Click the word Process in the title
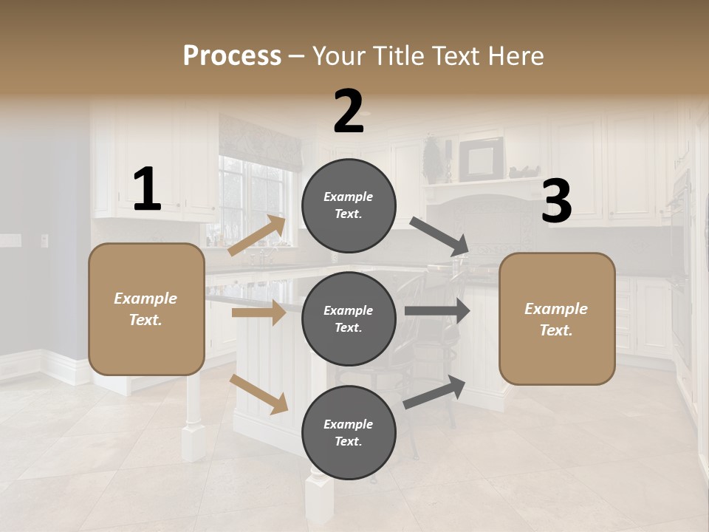pyautogui.click(x=232, y=55)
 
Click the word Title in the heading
pyautogui.click(x=396, y=55)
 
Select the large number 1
pyautogui.click(x=146, y=190)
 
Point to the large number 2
pyautogui.click(x=349, y=112)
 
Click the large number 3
pyautogui.click(x=556, y=201)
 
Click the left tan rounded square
pyautogui.click(x=146, y=309)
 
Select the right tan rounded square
pyautogui.click(x=557, y=318)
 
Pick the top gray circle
pyautogui.click(x=349, y=205)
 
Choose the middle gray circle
pyautogui.click(x=349, y=318)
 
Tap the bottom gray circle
pyautogui.click(x=349, y=432)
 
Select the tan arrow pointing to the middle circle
pyautogui.click(x=258, y=313)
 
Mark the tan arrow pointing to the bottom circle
pyautogui.click(x=259, y=394)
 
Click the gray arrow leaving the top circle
pyautogui.click(x=439, y=236)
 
